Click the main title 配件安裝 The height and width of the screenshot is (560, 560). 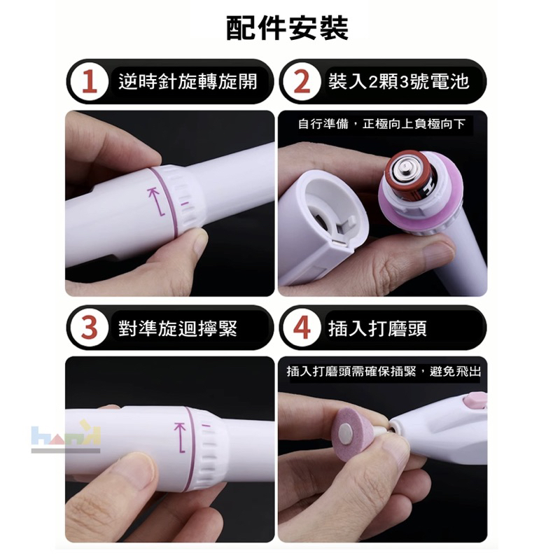click(x=288, y=28)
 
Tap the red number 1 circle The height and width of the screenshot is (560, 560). click(x=90, y=82)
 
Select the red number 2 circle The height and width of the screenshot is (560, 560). click(x=302, y=82)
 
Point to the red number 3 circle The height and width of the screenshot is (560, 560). click(x=90, y=328)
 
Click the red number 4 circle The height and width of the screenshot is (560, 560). click(x=302, y=328)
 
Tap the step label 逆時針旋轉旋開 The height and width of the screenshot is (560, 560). click(x=188, y=82)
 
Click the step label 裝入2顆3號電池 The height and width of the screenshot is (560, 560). click(x=398, y=82)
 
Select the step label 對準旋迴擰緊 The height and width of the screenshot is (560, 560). click(x=178, y=328)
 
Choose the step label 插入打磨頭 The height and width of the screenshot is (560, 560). click(x=377, y=328)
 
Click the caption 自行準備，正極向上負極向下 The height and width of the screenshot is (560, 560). click(x=381, y=124)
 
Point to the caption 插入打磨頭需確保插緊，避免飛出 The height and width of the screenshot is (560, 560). click(x=384, y=372)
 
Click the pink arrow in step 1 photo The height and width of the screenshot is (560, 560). click(x=156, y=201)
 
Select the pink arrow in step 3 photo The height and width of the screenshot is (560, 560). click(x=181, y=437)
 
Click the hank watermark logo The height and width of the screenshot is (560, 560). click(x=66, y=436)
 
